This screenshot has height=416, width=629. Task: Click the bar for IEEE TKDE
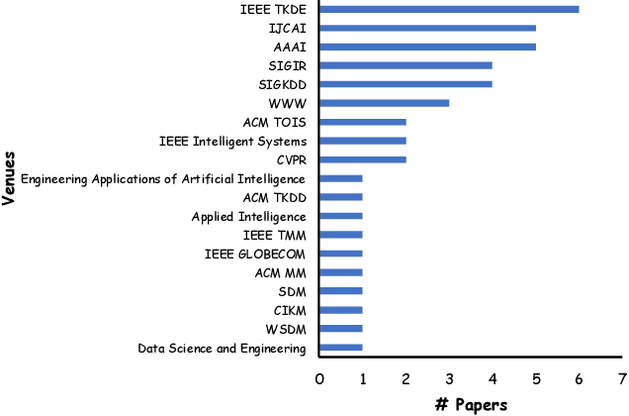tap(449, 9)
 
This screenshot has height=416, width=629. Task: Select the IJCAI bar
tap(427, 28)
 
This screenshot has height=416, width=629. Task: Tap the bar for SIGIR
tap(405, 65)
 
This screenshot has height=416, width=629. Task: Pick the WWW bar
tap(384, 103)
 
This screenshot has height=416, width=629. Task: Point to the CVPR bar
tap(362, 159)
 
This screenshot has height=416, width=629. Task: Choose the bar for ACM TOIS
tap(362, 122)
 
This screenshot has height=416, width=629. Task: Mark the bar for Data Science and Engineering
tap(340, 348)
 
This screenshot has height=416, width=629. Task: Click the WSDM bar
tap(340, 329)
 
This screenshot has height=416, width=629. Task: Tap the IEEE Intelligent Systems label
tap(232, 141)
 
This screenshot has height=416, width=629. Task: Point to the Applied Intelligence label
tap(248, 216)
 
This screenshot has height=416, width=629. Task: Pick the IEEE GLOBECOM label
tap(255, 254)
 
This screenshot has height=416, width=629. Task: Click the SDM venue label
tap(293, 291)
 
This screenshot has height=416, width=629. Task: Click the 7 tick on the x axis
tap(621, 377)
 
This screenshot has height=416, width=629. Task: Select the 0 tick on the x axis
tap(319, 377)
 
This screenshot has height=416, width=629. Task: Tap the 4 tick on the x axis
tap(492, 377)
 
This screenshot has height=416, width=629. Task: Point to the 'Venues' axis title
tap(9, 176)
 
